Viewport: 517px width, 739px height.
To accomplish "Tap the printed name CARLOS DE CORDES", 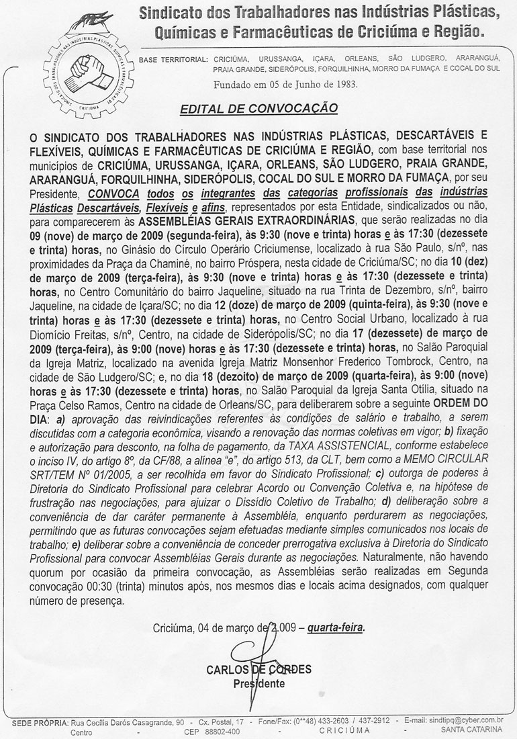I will pos(259,669).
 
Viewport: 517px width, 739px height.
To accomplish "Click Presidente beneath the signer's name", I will pos(258,684).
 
